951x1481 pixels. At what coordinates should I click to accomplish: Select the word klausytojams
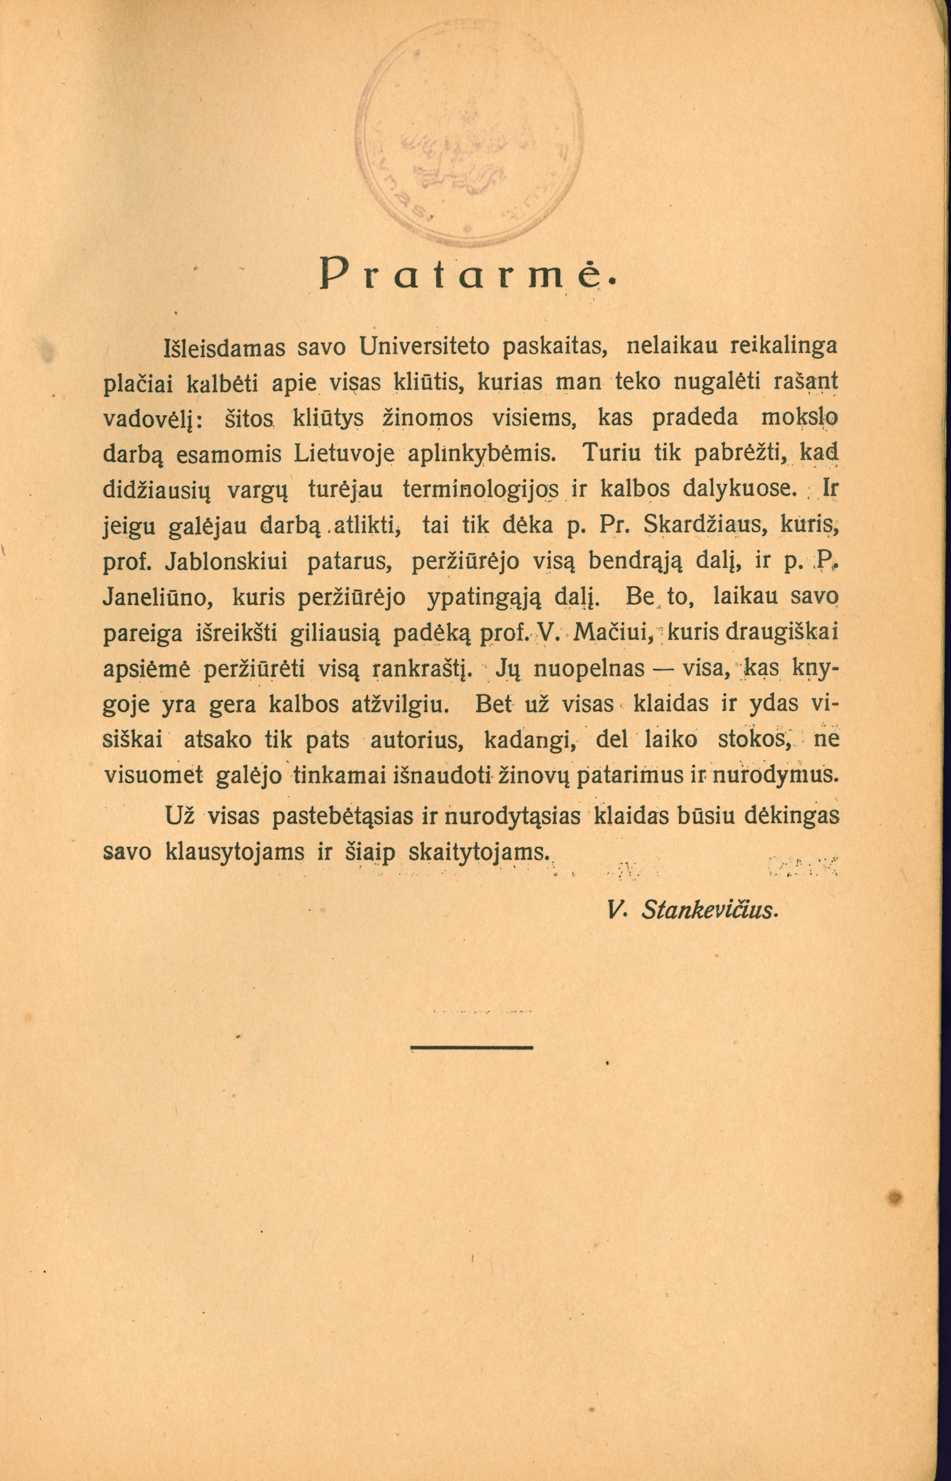(238, 853)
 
